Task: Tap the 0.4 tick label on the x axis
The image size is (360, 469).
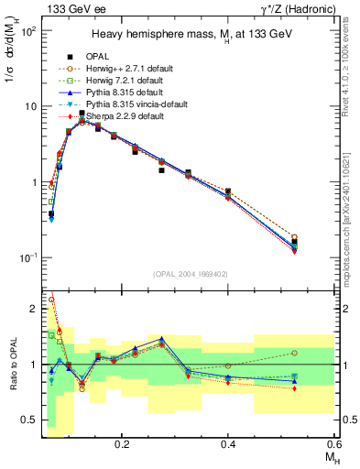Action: click(228, 442)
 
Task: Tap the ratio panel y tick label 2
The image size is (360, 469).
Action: click(38, 310)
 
